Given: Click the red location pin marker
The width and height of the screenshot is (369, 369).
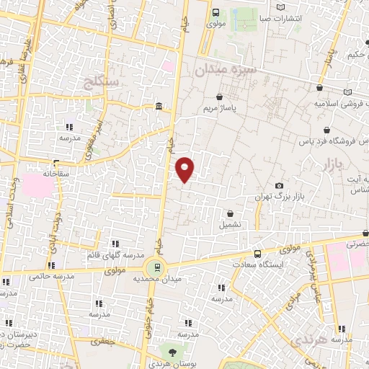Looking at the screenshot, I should [185, 170].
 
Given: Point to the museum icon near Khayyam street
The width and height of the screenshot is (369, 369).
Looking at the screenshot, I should [159, 108].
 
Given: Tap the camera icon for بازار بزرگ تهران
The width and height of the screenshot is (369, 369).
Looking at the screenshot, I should [280, 186].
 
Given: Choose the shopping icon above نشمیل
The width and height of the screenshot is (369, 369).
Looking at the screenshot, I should [230, 213].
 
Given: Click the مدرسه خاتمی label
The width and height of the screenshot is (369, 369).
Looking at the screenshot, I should [48, 275].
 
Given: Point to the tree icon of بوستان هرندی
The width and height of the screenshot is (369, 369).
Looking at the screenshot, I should [172, 352].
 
